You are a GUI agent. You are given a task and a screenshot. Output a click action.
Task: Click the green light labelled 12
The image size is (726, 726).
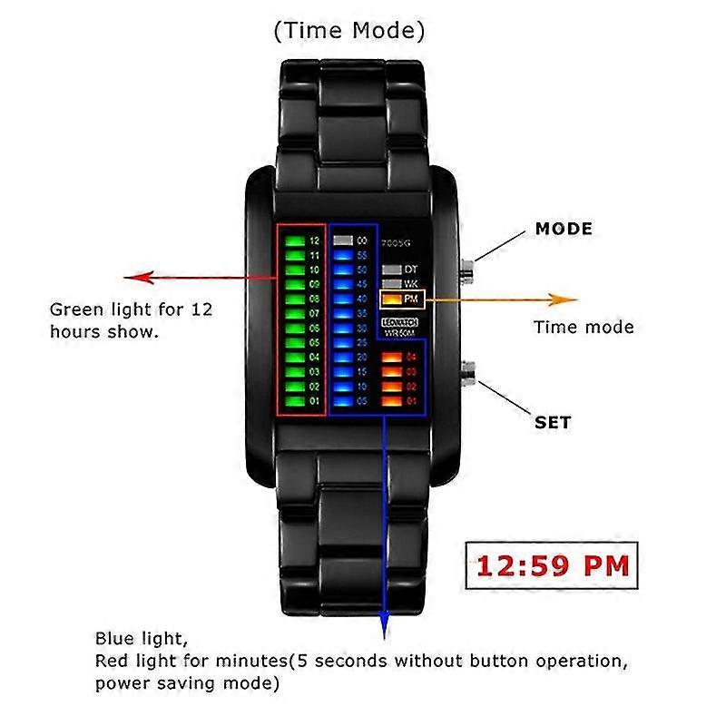tap(294, 241)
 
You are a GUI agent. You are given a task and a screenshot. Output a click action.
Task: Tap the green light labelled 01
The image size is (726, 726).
tap(294, 399)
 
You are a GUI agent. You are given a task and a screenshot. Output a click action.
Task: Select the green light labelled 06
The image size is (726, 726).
tap(294, 328)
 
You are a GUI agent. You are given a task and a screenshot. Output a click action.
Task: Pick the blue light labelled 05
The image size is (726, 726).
tap(342, 399)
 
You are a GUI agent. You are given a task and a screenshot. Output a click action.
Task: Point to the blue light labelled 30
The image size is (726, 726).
tap(342, 328)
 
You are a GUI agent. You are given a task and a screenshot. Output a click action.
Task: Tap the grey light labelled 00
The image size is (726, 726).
tap(342, 241)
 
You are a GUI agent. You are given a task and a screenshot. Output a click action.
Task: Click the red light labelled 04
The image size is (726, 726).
tap(390, 357)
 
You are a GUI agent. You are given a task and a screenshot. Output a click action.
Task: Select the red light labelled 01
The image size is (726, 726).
tap(390, 399)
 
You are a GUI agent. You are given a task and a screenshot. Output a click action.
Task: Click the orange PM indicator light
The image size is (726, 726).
tap(391, 299)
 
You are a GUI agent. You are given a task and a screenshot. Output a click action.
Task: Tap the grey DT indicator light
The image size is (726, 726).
tap(391, 270)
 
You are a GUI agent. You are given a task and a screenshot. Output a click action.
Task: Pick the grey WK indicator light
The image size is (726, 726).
tap(391, 284)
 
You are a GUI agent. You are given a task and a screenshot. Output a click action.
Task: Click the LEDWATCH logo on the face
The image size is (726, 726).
tap(398, 322)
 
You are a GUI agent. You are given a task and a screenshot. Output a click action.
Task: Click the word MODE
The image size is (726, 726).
tap(564, 229)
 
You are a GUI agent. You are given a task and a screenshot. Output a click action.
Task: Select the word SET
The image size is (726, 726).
tap(554, 423)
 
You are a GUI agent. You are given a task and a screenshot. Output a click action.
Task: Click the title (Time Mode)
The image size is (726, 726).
tap(349, 31)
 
